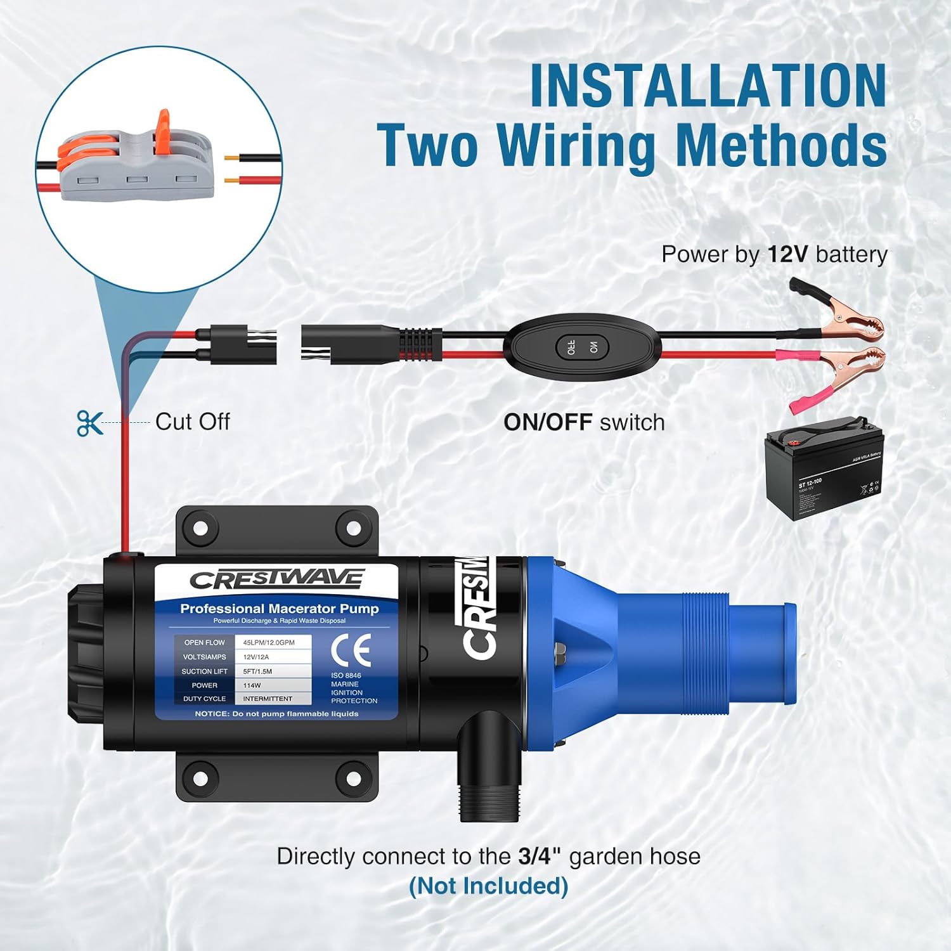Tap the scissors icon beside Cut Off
(89, 423)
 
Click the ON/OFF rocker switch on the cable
(582, 347)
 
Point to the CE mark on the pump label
(351, 650)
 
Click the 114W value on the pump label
(252, 685)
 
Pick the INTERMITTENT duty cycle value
(268, 699)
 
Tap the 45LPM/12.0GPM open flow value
(269, 642)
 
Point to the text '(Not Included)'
(488, 886)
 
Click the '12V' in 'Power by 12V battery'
(787, 254)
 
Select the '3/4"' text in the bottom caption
(540, 857)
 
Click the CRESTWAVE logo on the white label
(277, 579)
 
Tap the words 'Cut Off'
(192, 422)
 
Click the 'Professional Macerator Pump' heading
(279, 609)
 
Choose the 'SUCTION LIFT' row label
(204, 671)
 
